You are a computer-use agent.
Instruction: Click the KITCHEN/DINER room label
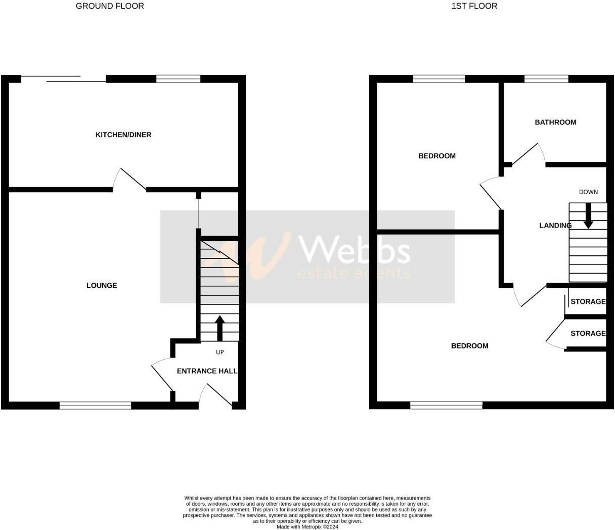pyautogui.click(x=123, y=135)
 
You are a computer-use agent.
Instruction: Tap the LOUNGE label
pyautogui.click(x=102, y=285)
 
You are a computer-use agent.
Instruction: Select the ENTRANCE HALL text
pyautogui.click(x=207, y=371)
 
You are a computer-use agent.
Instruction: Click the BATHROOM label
pyautogui.click(x=555, y=122)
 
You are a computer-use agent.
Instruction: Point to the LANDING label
pyautogui.click(x=555, y=225)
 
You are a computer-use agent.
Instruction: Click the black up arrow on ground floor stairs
pyautogui.click(x=219, y=328)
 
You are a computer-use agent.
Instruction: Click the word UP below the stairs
pyautogui.click(x=220, y=352)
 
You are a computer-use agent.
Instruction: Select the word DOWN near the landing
pyautogui.click(x=588, y=192)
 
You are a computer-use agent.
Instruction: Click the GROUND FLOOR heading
pyautogui.click(x=110, y=6)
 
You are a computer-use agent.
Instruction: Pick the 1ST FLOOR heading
pyautogui.click(x=474, y=6)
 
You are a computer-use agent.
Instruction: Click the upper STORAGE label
pyautogui.click(x=588, y=301)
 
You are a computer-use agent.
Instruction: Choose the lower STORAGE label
pyautogui.click(x=588, y=333)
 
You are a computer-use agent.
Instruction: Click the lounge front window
pyautogui.click(x=95, y=405)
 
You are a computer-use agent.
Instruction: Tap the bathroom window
pyautogui.click(x=547, y=78)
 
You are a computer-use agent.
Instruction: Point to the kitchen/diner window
pyautogui.click(x=179, y=78)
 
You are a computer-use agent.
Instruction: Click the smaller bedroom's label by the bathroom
pyautogui.click(x=437, y=156)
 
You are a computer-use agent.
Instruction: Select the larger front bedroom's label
pyautogui.click(x=470, y=346)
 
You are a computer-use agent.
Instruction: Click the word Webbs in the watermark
pyautogui.click(x=355, y=250)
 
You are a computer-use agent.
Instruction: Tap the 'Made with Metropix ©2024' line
pyautogui.click(x=308, y=526)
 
